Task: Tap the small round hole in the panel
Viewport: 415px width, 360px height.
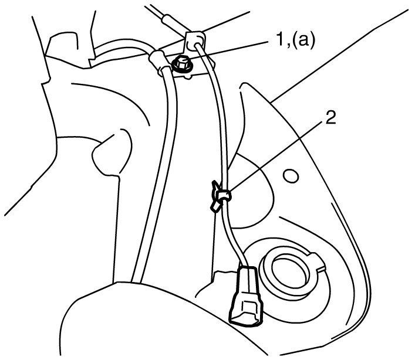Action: point(289,175)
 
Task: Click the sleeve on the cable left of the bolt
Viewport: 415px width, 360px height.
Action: point(159,62)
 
